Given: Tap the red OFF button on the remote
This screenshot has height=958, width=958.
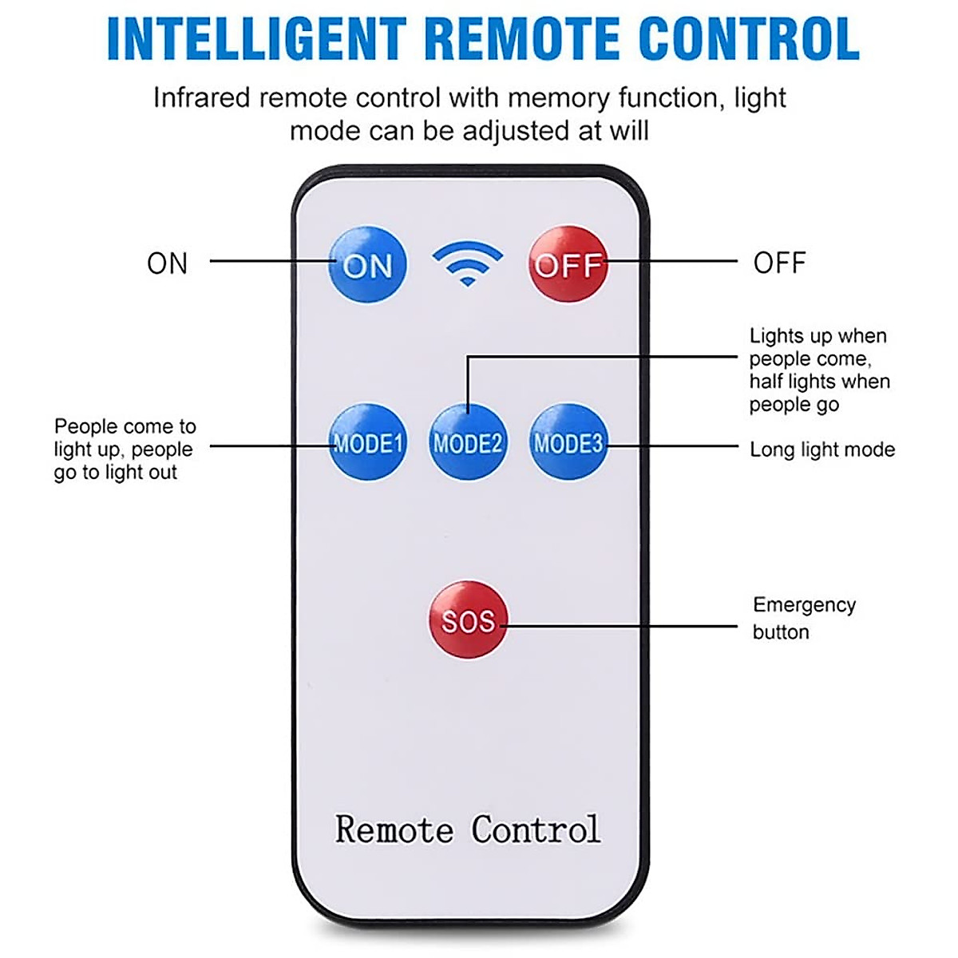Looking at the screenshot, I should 568,263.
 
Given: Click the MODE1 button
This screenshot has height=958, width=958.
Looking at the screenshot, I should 367,442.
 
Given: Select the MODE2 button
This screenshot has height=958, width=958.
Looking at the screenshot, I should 468,442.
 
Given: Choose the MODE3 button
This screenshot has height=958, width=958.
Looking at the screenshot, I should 568,442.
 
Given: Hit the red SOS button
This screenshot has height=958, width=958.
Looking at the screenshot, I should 468,620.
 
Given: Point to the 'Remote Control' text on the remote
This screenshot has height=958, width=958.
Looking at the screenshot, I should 468,829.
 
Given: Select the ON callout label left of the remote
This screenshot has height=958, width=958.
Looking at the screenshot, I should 168,263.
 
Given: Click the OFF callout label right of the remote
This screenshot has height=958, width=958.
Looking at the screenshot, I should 779,263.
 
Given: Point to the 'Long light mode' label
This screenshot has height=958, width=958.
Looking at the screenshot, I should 822,449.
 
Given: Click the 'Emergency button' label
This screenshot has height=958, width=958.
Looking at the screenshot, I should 803,618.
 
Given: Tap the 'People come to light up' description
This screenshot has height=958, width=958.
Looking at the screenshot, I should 125,449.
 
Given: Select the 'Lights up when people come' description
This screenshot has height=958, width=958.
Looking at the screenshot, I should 819,370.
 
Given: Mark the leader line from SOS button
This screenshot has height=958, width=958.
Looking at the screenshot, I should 623,626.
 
